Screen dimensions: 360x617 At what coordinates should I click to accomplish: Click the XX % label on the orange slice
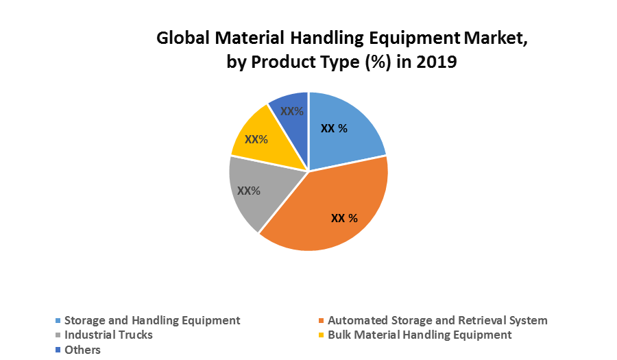click(x=344, y=218)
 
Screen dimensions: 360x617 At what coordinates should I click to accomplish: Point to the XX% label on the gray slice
click(x=248, y=191)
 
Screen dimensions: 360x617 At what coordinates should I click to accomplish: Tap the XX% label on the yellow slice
click(x=256, y=139)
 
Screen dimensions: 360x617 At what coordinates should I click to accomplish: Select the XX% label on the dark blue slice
click(x=292, y=111)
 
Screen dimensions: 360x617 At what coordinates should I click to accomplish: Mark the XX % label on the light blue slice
click(x=335, y=128)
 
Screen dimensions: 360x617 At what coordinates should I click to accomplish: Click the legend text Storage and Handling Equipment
click(x=152, y=320)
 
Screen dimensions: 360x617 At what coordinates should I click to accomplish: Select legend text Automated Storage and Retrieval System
click(x=437, y=320)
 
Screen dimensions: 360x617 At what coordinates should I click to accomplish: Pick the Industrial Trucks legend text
click(x=108, y=335)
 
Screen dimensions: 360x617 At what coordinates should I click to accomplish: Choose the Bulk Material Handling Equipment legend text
click(x=420, y=335)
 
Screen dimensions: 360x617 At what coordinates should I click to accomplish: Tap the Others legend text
click(x=82, y=350)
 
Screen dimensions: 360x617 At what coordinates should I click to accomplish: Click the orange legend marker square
click(x=321, y=320)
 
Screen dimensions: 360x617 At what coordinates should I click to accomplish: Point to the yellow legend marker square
click(x=321, y=335)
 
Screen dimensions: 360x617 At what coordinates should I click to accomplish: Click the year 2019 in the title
click(x=435, y=62)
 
